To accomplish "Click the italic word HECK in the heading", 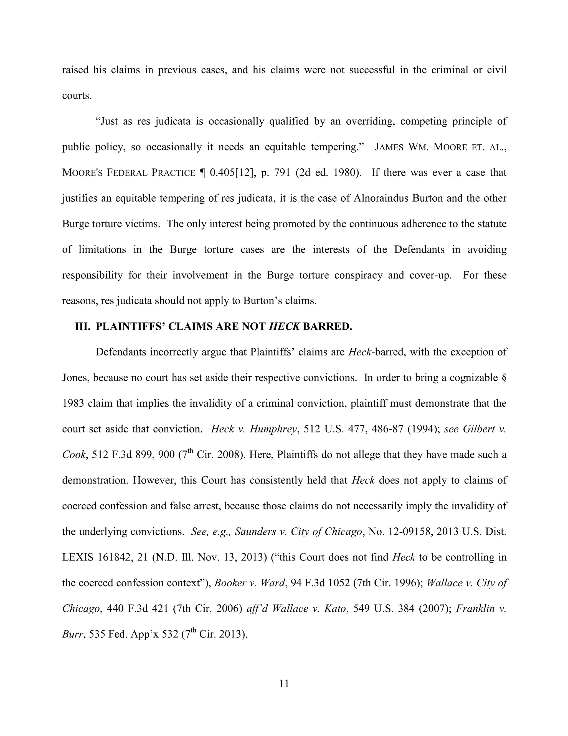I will tap(284, 327).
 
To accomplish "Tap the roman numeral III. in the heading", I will tap(82, 327).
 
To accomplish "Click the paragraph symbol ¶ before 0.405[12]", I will tap(202, 173).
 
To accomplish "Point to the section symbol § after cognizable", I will tap(504, 377).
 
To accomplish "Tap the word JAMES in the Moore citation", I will tap(389, 147).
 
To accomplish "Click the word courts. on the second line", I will tap(77, 96).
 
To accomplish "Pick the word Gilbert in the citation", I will tap(478, 429).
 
